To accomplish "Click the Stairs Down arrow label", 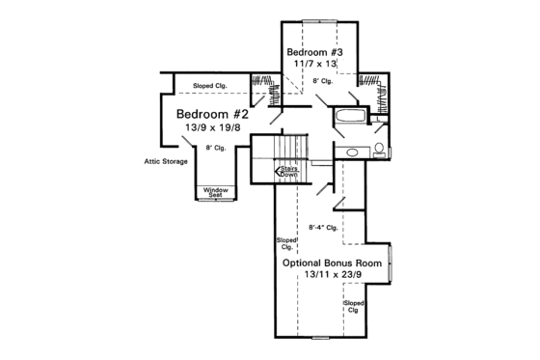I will point(287,171).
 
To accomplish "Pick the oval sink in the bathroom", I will point(353,152).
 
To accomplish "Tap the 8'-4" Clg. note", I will point(321,228).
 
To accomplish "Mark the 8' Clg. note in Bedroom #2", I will point(214,147).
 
